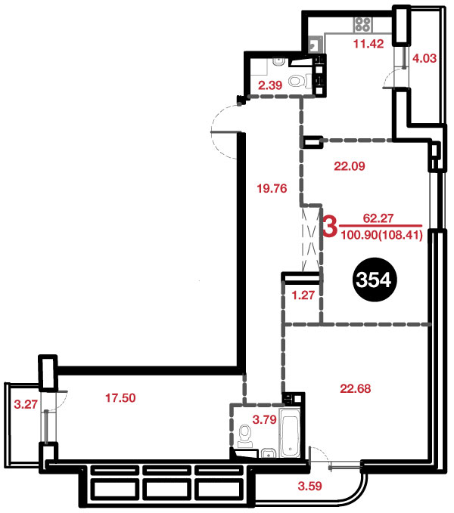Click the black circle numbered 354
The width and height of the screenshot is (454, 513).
pos(374,280)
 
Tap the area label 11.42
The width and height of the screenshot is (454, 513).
pos(368,44)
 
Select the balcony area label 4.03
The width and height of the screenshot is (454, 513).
pos(424,58)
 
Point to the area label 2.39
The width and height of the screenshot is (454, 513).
pos(270,85)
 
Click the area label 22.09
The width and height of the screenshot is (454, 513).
pos(350,166)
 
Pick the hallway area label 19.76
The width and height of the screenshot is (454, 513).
pos(272,188)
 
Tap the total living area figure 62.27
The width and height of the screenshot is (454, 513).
pos(378,218)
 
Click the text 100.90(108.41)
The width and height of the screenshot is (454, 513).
pos(381,235)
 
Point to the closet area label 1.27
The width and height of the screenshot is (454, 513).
pos(303,295)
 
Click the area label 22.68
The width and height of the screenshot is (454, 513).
pos(356,388)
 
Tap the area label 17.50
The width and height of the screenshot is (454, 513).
pos(120,398)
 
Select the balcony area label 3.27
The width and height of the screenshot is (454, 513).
pos(26,404)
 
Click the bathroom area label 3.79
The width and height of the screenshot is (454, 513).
pos(265,419)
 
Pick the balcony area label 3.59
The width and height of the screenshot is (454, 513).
pos(310,486)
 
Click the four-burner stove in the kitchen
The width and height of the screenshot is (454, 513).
pos(363,24)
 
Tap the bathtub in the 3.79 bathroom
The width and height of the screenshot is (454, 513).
pos(291,432)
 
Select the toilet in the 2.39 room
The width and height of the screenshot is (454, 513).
pos(300,81)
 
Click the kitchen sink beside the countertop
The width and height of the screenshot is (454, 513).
pos(316,44)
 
